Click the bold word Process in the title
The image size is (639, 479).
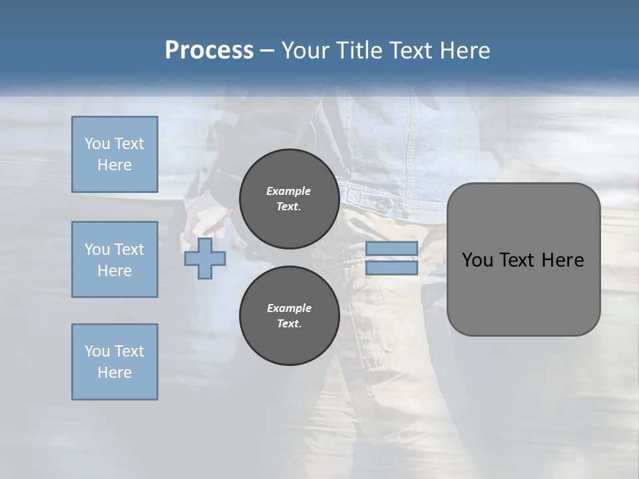(x=209, y=51)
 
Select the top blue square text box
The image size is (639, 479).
(x=114, y=154)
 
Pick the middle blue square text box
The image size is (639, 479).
(x=114, y=259)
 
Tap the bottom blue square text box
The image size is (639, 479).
(x=114, y=362)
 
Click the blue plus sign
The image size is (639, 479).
(x=205, y=259)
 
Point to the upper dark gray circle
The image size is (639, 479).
(x=289, y=198)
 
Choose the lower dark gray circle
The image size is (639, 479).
(x=289, y=315)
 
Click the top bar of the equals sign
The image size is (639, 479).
(x=391, y=249)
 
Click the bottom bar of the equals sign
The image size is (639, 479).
(x=391, y=268)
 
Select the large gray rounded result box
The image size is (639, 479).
(x=523, y=293)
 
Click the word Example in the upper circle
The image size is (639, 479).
(x=289, y=191)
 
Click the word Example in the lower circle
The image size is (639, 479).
(x=289, y=308)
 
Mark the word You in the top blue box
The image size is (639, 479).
(x=96, y=144)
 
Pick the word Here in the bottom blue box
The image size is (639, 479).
(x=114, y=373)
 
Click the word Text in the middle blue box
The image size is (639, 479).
(x=128, y=249)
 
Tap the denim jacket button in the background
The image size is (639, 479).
(x=383, y=199)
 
